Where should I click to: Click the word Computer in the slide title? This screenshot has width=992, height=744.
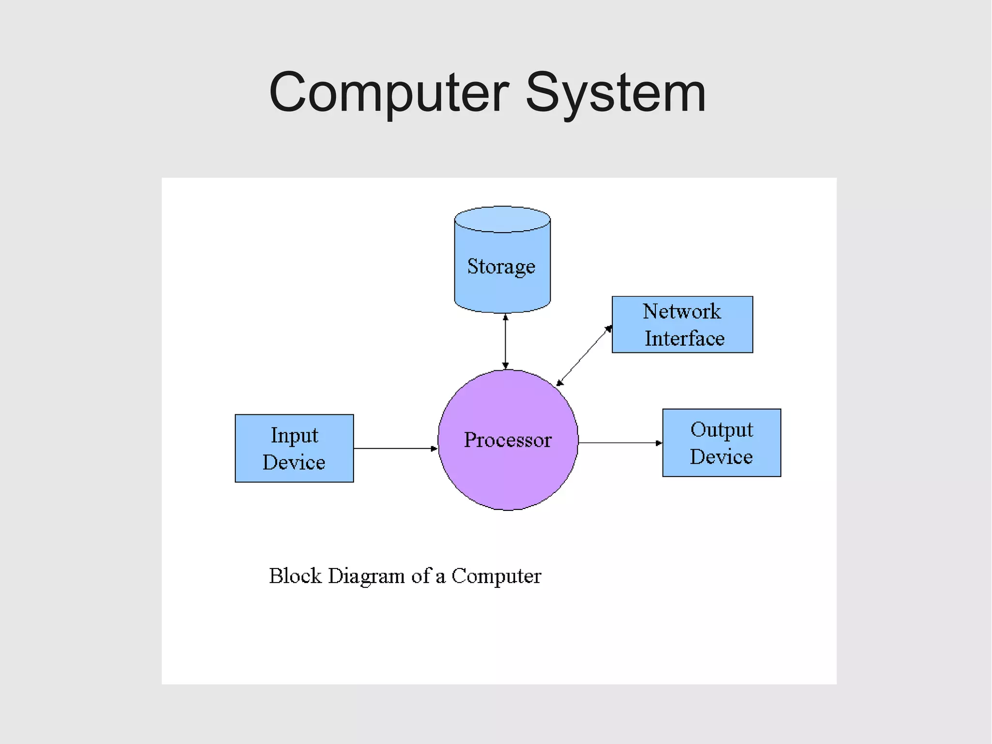tap(389, 92)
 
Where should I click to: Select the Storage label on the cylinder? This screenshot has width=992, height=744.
tap(501, 266)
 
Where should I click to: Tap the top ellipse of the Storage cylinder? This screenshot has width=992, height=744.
tap(502, 219)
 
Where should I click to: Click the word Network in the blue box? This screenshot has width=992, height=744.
tap(682, 311)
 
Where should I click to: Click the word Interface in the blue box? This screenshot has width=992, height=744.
tap(684, 338)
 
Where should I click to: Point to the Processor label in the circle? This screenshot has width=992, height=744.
tap(508, 440)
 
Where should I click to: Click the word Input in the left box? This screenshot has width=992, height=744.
tap(294, 435)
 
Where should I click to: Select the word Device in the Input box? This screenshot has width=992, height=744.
tap(294, 462)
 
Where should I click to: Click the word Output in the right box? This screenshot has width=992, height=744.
tap(722, 429)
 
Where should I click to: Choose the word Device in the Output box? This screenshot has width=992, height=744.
tap(721, 457)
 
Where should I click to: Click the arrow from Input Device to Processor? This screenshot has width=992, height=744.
tap(395, 448)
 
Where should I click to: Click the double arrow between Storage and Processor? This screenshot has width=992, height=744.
tap(505, 342)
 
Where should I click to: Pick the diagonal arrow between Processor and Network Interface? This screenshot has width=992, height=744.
tap(584, 356)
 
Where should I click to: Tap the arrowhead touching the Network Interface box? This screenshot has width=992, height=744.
tap(609, 329)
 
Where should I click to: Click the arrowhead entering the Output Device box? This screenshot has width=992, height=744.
tap(659, 443)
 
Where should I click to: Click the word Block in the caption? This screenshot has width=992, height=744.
tap(295, 576)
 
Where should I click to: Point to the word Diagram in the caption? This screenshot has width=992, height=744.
tap(366, 576)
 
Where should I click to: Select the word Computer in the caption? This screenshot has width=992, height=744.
tap(496, 576)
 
